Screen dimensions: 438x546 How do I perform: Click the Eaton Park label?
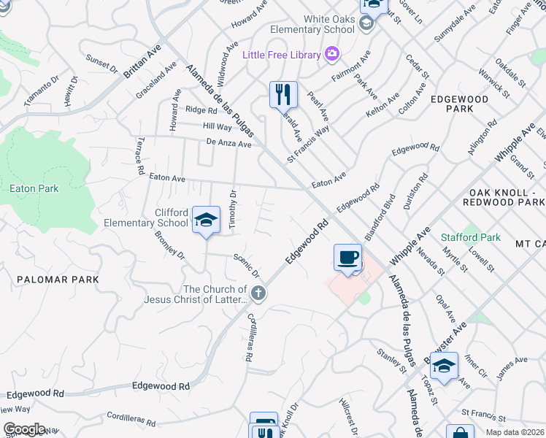tap(34, 188)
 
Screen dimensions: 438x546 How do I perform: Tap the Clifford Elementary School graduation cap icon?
tap(206, 220)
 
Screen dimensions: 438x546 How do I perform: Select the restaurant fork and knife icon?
tap(282, 94)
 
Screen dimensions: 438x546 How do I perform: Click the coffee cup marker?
tap(347, 258)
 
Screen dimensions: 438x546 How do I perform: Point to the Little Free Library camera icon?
tap(332, 54)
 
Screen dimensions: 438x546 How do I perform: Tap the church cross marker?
tap(257, 293)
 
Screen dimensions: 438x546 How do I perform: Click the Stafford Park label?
tap(471, 237)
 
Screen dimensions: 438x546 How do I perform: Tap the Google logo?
tap(24, 429)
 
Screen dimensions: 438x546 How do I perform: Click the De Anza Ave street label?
tap(228, 144)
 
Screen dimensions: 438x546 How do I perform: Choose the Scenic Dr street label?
tap(247, 266)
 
